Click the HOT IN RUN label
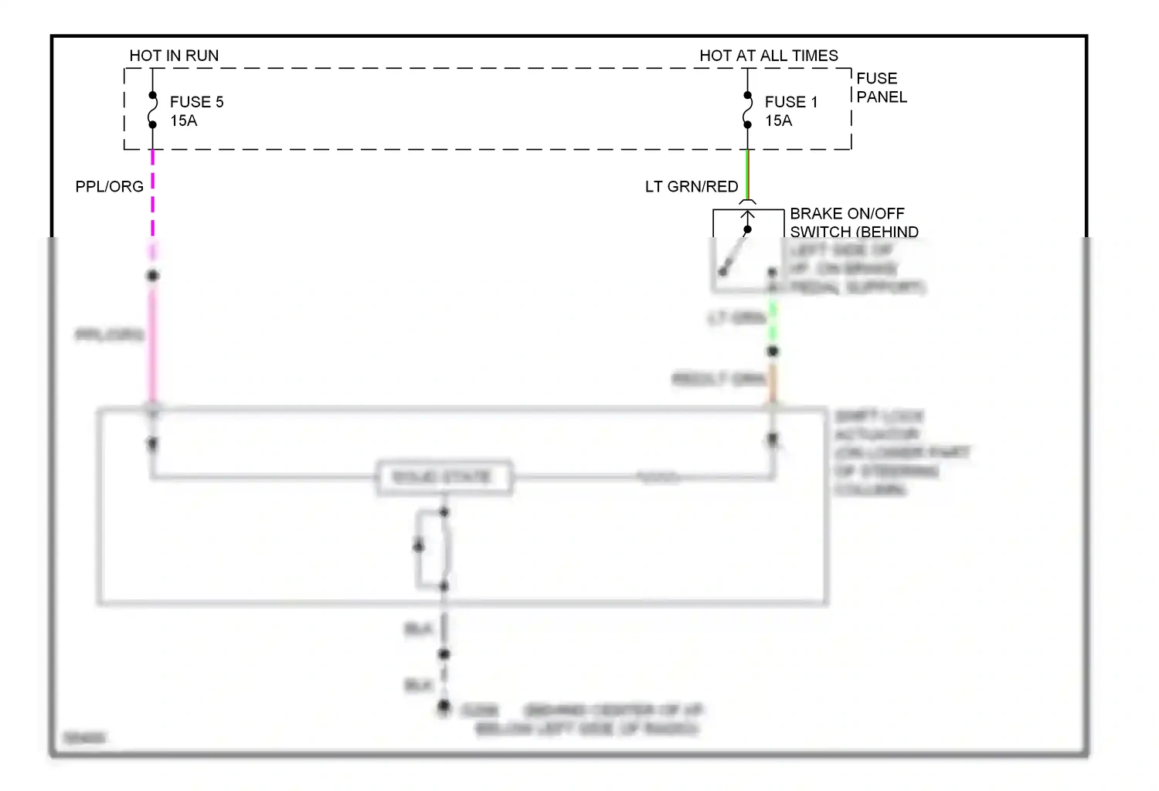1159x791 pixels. pos(174,56)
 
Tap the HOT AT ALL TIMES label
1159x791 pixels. pos(768,56)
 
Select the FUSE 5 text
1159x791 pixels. pos(196,102)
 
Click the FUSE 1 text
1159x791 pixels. pos(790,102)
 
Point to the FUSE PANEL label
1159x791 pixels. pos(881,87)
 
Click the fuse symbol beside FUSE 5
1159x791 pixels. pos(152,110)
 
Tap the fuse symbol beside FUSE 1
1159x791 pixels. pos(747,110)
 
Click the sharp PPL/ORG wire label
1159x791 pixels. pos(109,187)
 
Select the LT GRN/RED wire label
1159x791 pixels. pos(692,187)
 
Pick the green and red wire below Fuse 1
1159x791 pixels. pos(747,174)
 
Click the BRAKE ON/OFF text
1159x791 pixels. pos(847,214)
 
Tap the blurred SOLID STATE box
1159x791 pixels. pos(443,477)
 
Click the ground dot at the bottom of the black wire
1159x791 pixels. pos(444,706)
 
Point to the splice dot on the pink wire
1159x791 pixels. pos(153,276)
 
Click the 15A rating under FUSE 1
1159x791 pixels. pos(778,121)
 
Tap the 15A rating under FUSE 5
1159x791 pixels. pos(183,121)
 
